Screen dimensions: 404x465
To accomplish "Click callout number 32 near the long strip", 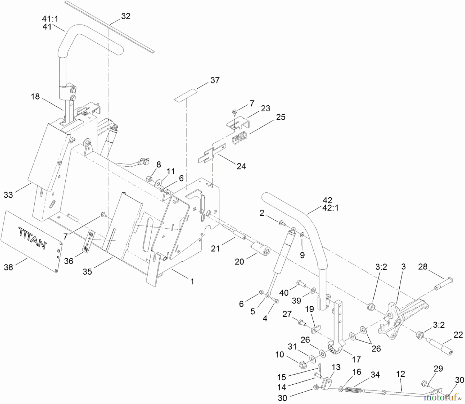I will point(126,16).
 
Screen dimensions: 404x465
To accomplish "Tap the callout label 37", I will point(215,80).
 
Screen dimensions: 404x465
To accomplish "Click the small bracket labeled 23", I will point(238,123).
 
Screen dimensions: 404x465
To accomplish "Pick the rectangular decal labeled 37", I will point(186,95).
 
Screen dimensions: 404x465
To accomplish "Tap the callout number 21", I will point(215,248).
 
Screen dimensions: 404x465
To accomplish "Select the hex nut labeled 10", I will point(301,365).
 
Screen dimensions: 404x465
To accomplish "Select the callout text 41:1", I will point(50,19).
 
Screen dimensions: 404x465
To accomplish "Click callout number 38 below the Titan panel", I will point(8,267).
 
